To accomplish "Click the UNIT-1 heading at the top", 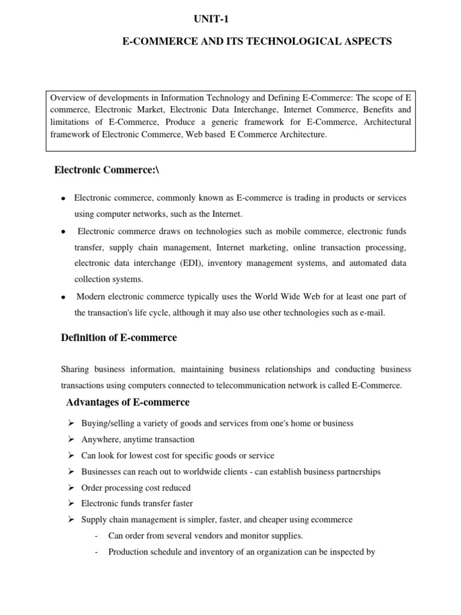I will (211, 19).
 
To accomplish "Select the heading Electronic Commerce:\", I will (107, 171).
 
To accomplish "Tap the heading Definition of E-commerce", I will (119, 338).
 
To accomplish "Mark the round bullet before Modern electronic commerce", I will (63, 297).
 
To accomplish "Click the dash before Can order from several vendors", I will (97, 536).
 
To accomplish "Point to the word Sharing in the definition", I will (75, 369).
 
